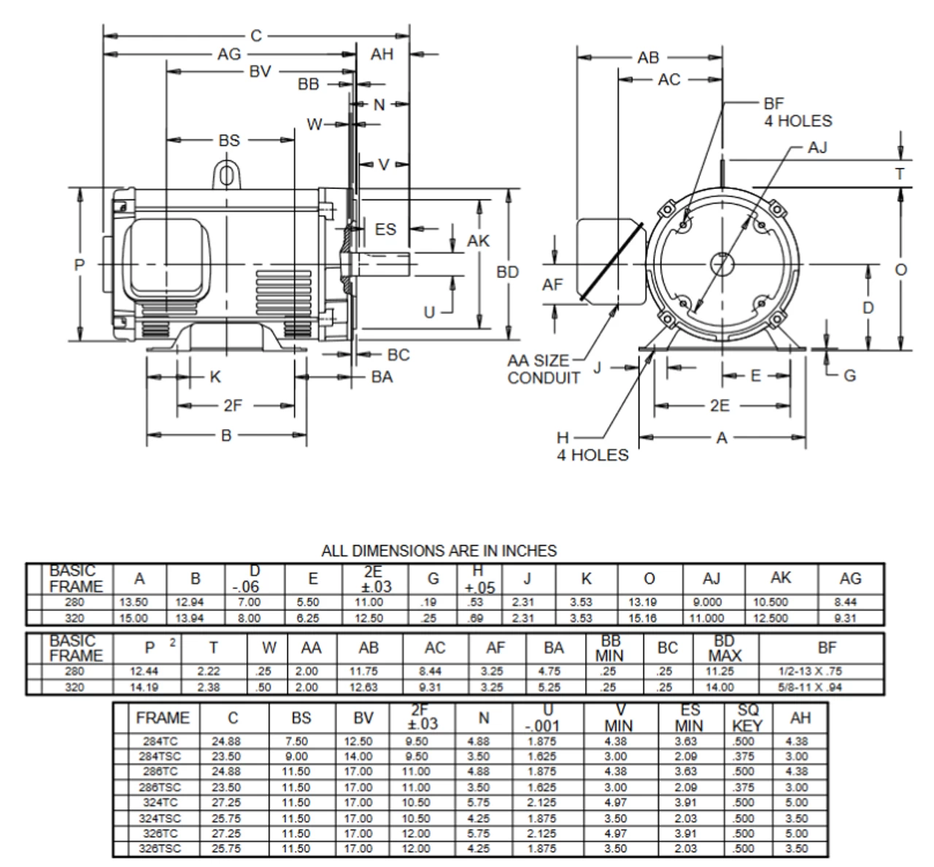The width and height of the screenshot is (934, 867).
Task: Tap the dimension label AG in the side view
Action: (228, 54)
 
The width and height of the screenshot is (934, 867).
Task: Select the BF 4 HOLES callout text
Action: (797, 112)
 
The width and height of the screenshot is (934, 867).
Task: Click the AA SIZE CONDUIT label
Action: (544, 369)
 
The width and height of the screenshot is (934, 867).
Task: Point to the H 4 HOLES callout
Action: (592, 447)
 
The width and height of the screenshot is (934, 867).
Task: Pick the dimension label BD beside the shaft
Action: (508, 271)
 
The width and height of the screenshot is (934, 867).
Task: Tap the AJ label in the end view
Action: (817, 147)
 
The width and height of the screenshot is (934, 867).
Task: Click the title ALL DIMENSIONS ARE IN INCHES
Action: (439, 551)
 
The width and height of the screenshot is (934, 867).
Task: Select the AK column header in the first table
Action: (781, 578)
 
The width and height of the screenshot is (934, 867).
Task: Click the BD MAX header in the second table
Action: (725, 648)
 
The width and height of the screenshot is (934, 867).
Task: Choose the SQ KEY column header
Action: (747, 717)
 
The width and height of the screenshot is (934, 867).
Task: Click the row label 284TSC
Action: (161, 757)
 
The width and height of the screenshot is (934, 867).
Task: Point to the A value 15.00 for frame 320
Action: (132, 618)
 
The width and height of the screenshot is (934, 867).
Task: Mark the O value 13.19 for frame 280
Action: (649, 603)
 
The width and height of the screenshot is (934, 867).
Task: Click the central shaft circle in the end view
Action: (722, 263)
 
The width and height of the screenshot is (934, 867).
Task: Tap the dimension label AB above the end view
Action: (647, 58)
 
